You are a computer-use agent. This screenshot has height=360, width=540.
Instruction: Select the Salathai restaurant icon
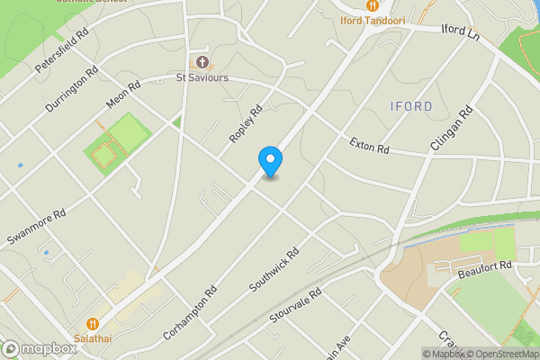click(x=93, y=323)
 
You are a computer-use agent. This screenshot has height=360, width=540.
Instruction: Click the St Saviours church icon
click(x=202, y=62)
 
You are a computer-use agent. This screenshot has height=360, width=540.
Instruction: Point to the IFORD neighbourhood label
click(x=411, y=107)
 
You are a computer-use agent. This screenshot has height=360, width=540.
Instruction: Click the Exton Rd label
click(x=369, y=143)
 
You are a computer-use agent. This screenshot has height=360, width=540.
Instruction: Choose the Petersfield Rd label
click(x=62, y=50)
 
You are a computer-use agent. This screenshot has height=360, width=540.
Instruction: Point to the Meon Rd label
click(x=123, y=97)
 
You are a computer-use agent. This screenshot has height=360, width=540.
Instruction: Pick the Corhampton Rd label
click(x=191, y=311)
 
